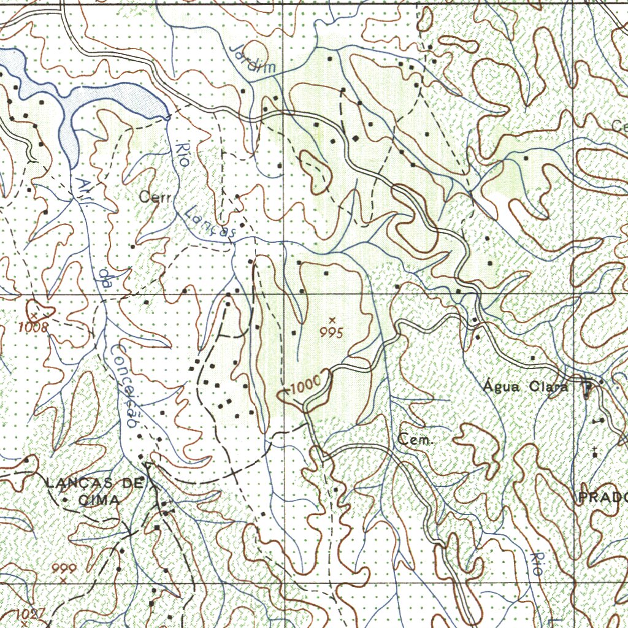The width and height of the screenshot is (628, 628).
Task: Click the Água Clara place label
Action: (525, 387)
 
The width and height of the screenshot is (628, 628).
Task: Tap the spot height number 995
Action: (331, 332)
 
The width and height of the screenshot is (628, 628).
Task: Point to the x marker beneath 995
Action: (332, 320)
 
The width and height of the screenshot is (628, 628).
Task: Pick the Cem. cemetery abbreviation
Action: (416, 440)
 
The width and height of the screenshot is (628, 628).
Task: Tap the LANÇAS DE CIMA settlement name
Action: (93, 491)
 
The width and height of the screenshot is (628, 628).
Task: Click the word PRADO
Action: (603, 497)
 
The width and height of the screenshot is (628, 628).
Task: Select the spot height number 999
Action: (63, 568)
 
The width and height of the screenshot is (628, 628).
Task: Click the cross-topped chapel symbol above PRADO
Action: (595, 452)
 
